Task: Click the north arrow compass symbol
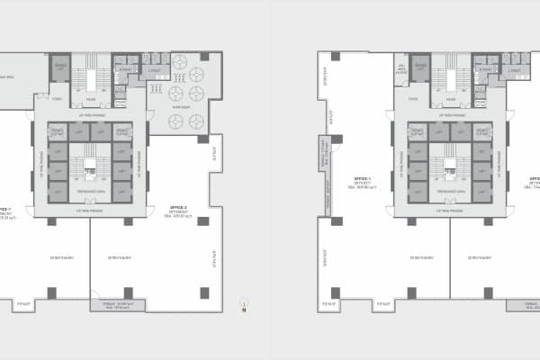click(x=242, y=306)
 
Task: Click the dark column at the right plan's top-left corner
click(x=335, y=57)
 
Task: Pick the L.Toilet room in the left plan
click(x=154, y=69)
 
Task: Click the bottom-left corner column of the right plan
click(x=335, y=293)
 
